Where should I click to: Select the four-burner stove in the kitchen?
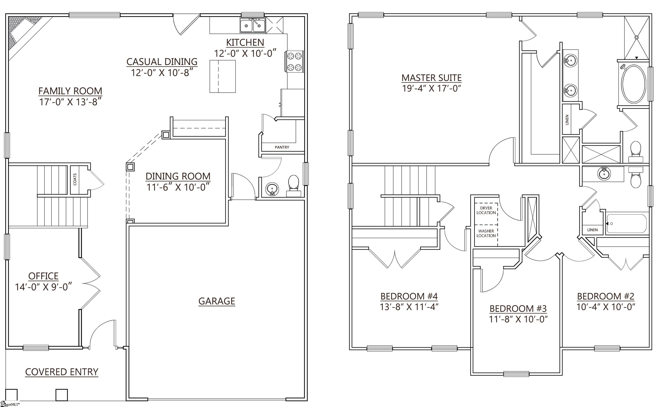click(294, 62)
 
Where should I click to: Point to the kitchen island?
click(223, 76)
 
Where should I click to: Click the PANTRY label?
click(282, 147)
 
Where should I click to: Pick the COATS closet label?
click(75, 179)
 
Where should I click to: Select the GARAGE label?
click(216, 301)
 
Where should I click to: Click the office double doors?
click(90, 283)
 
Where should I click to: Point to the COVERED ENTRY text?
click(62, 372)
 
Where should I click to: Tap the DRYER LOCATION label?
click(486, 210)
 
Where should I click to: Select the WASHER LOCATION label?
click(486, 233)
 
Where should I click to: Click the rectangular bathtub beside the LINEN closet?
click(626, 224)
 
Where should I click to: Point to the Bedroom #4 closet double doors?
click(395, 259)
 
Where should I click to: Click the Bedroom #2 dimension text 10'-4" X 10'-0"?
click(606, 307)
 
